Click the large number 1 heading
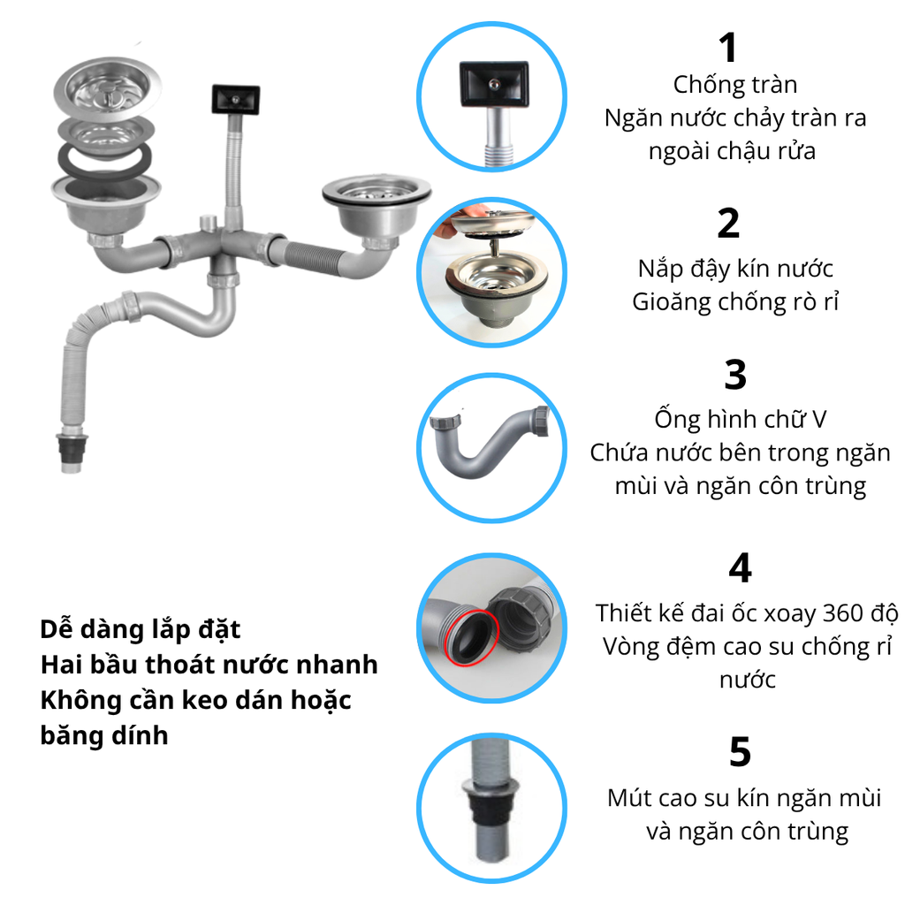click(728, 48)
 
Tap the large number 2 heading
click(728, 224)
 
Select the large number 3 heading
click(735, 375)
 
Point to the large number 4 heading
click(740, 568)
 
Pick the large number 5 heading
click(740, 752)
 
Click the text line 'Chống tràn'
click(735, 85)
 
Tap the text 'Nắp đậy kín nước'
click(735, 269)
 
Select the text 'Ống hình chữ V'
click(740, 419)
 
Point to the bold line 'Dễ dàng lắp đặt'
click(141, 629)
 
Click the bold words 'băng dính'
click(104, 736)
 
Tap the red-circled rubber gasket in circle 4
click(471, 638)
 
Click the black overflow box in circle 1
click(493, 84)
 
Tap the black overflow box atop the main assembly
click(235, 99)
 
